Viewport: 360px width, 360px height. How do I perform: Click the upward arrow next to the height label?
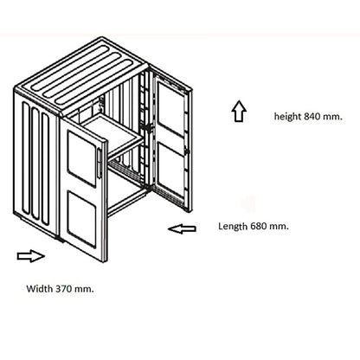point(239,111)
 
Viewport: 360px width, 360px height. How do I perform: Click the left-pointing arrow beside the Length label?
point(182,229)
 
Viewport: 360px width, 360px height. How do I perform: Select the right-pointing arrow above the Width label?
point(31,256)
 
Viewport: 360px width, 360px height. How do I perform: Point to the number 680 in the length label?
point(259,226)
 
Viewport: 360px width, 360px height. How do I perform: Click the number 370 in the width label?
point(64,288)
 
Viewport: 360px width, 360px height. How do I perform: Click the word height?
point(287,117)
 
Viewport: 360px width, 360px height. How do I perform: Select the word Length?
point(233,227)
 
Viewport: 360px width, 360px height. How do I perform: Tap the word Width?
point(40,288)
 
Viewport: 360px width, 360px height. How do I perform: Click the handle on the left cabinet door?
point(100,164)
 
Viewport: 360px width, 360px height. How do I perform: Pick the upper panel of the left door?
point(81,158)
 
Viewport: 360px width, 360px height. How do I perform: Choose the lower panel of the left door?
point(81,220)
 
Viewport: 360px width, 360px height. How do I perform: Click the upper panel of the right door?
point(171,109)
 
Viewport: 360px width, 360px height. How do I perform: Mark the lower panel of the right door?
point(171,171)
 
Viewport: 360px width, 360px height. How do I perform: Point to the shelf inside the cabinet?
point(113,133)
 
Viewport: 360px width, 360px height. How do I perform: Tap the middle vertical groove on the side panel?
point(35,164)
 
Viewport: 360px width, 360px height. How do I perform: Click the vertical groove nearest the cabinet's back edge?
point(26,157)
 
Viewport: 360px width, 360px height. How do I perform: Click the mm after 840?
point(332,117)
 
